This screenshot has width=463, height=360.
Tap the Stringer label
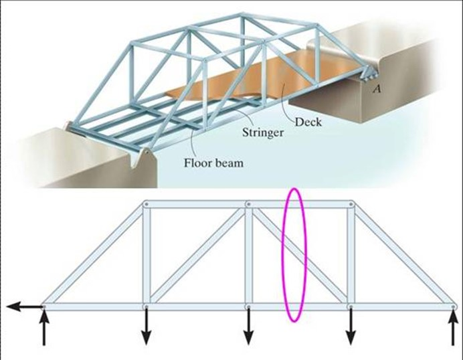[x=259, y=132]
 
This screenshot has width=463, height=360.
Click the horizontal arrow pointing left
[x=24, y=306]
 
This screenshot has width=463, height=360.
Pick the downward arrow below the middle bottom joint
[x=248, y=327]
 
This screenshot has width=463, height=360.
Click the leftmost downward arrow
[x=146, y=327]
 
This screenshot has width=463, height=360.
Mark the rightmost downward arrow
[x=351, y=327]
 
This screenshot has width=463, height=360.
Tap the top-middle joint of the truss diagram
[x=248, y=204]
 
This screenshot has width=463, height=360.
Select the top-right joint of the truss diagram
[x=351, y=204]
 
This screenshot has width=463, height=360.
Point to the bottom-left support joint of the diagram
[x=44, y=306]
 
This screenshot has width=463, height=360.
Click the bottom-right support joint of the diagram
[x=454, y=306]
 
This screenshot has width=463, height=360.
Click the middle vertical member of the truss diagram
[x=248, y=254]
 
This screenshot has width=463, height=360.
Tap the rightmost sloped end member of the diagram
[x=402, y=255]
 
